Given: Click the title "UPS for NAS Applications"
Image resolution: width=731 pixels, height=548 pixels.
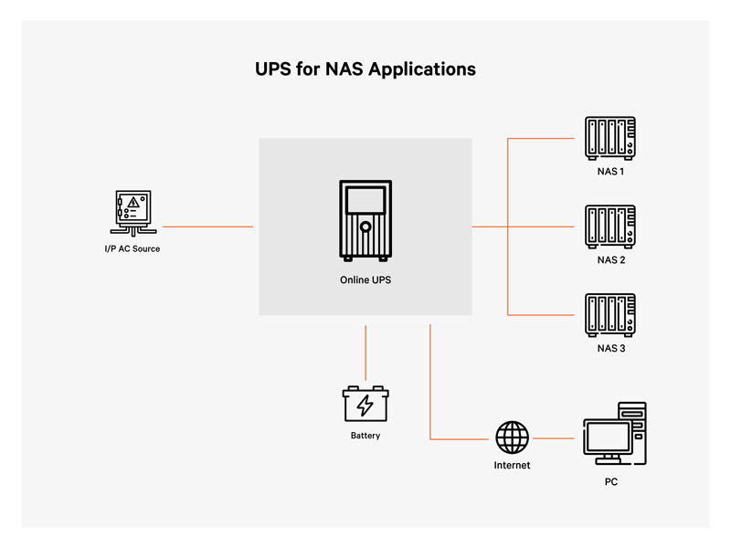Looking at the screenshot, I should click(x=365, y=69).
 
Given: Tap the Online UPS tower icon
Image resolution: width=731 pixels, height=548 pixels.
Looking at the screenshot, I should click(x=365, y=219).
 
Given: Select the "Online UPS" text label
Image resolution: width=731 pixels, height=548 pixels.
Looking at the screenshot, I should click(x=365, y=279).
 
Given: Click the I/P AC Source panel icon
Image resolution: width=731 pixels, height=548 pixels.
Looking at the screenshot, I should click(x=132, y=212).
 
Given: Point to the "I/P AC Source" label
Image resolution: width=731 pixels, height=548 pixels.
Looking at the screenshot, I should click(x=132, y=248).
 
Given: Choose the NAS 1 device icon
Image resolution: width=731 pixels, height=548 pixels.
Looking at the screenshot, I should click(x=610, y=139).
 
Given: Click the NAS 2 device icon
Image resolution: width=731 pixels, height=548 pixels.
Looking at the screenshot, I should click(x=610, y=227).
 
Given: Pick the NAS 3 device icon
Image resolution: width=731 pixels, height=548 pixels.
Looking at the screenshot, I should click(x=610, y=315).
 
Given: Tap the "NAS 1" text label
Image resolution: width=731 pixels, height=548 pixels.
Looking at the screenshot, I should click(x=610, y=172).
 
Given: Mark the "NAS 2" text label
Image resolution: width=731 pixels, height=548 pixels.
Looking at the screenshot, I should click(x=610, y=260).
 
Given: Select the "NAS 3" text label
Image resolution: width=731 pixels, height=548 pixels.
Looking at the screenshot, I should click(x=610, y=348).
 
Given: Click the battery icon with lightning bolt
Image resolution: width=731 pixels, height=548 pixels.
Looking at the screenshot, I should click(x=365, y=403).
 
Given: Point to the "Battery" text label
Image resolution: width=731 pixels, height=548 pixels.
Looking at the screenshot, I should click(x=365, y=436).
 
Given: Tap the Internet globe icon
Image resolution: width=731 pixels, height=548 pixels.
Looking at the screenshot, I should click(x=512, y=437).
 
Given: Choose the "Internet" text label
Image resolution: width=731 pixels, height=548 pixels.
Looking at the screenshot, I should click(x=512, y=465).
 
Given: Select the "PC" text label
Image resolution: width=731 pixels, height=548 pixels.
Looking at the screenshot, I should click(x=610, y=481).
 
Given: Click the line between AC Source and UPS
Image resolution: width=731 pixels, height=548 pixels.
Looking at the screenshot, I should click(x=207, y=227).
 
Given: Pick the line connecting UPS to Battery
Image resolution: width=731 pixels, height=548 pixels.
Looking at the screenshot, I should click(x=365, y=352).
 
